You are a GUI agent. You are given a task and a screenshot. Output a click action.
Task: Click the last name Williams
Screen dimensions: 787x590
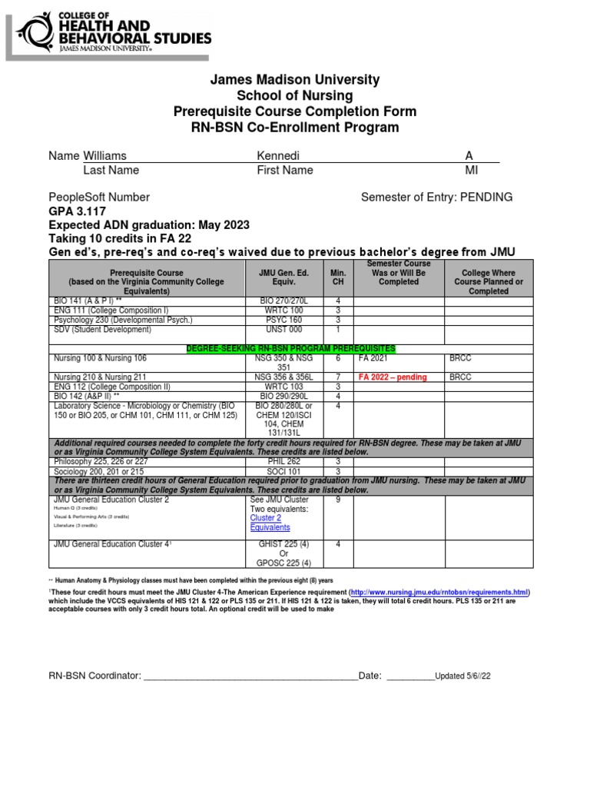105,156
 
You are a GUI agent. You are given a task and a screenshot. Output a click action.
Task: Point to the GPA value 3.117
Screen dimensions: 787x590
91,211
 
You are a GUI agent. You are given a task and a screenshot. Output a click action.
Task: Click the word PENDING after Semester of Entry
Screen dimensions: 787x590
485,198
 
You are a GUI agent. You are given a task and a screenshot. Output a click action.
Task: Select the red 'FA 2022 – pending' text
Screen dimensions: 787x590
393,377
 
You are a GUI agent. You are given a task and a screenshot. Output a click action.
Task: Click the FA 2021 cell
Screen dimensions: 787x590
374,358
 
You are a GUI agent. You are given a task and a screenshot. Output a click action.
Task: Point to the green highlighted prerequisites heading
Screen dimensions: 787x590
291,349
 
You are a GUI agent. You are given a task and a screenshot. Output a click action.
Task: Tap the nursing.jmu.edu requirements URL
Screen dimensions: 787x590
440,593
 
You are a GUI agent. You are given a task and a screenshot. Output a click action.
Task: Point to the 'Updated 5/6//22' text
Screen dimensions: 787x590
462,676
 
